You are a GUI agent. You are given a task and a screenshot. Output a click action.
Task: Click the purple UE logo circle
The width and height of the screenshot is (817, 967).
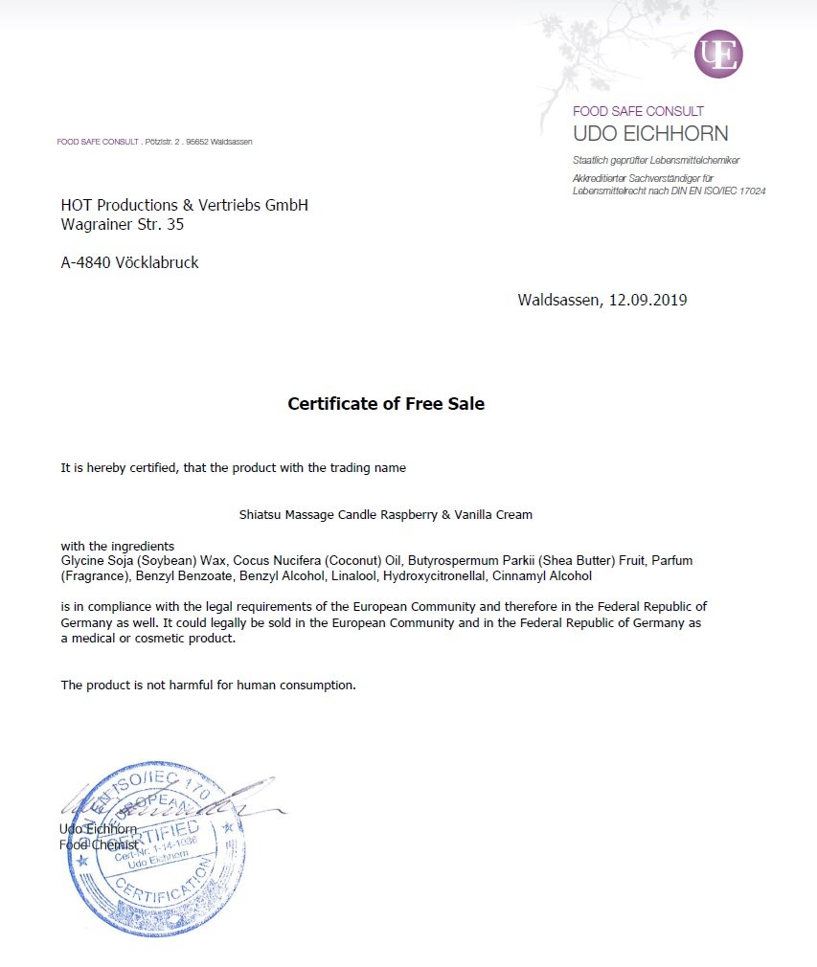point(718,55)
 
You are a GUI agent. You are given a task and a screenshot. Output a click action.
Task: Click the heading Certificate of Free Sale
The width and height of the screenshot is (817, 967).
point(386,404)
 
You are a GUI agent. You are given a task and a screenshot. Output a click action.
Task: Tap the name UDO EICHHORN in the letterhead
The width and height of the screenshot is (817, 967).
point(650,134)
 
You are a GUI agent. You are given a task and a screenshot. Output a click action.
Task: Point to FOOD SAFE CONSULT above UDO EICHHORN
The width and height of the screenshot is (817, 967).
point(638,111)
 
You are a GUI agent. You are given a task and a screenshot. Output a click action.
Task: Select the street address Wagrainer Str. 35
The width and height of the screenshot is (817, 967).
point(122,226)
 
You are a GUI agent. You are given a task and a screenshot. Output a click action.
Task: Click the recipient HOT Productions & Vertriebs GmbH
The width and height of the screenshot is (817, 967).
point(184,206)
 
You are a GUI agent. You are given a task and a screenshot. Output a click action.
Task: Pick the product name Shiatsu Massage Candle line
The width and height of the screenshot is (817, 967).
point(385,514)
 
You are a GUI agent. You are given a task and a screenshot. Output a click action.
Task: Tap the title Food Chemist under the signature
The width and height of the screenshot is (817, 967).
point(98,844)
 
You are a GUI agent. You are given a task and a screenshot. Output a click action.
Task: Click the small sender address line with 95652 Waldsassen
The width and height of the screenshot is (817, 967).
point(154,142)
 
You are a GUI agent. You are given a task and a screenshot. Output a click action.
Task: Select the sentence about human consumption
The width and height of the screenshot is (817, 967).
point(208,685)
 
